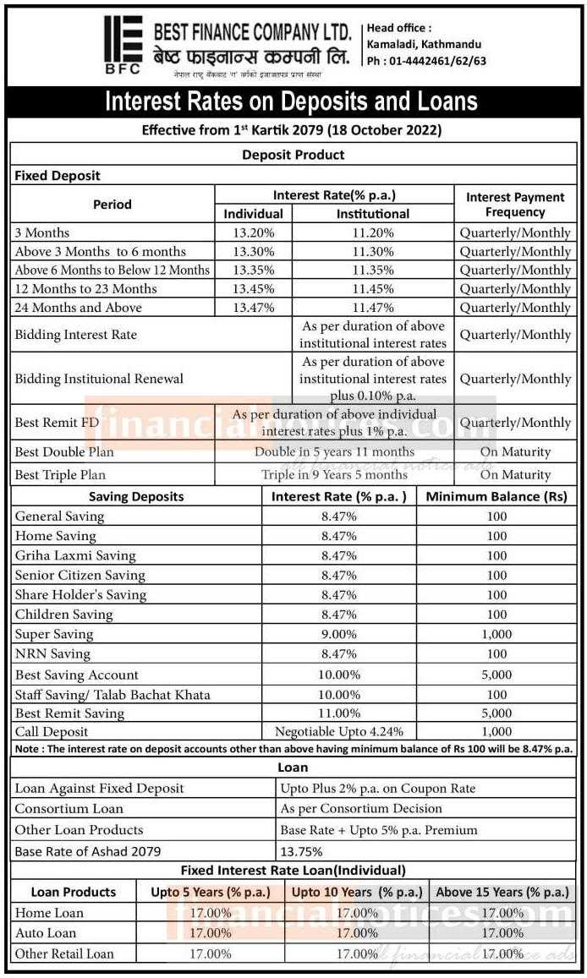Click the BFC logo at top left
pyautogui.click(x=123, y=47)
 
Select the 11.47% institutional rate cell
pyautogui.click(x=372, y=308)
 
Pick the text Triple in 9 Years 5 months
pyautogui.click(x=334, y=474)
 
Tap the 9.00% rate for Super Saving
pyautogui.click(x=340, y=634)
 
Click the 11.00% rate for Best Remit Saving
pyautogui.click(x=340, y=713)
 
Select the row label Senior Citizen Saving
pyautogui.click(x=80, y=575)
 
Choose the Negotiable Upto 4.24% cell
pyautogui.click(x=339, y=732)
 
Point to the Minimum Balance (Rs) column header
pyautogui.click(x=496, y=496)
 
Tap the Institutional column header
pyautogui.click(x=372, y=214)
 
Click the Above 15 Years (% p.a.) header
pyautogui.click(x=502, y=892)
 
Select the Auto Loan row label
pyautogui.click(x=46, y=933)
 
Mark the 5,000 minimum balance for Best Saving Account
pyautogui.click(x=496, y=675)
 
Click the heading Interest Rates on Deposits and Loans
pyautogui.click(x=291, y=102)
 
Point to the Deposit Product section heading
pyautogui.click(x=293, y=155)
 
